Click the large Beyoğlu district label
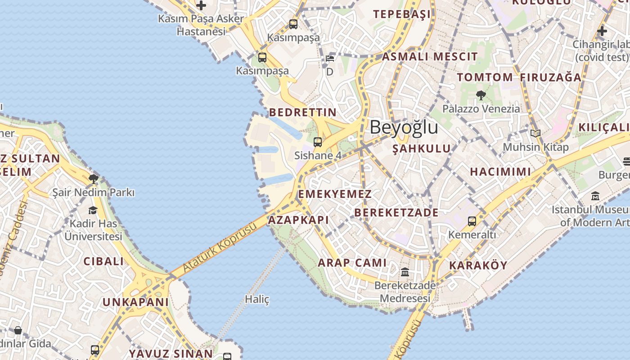[404, 128]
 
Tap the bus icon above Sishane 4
[318, 142]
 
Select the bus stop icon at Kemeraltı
[472, 221]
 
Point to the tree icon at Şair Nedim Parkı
[93, 179]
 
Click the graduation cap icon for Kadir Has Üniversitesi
[93, 210]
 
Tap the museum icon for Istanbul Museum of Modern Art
[595, 196]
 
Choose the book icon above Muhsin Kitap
[535, 133]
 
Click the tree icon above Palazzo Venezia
[481, 95]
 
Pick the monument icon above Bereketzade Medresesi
[405, 272]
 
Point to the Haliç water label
[257, 299]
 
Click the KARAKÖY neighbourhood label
[478, 265]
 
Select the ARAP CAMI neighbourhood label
[352, 263]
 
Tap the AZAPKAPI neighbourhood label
[298, 220]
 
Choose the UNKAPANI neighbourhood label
[135, 302]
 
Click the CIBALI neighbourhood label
[103, 261]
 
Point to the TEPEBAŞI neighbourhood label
[402, 14]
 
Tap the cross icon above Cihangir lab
[602, 31]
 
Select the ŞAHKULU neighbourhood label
[421, 148]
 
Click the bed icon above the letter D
[330, 58]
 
